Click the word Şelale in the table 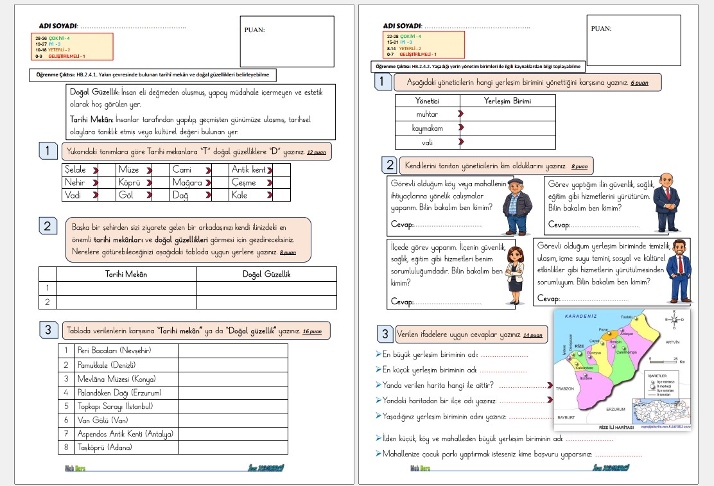[76, 170]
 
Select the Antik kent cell [248, 170]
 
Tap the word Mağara [187, 182]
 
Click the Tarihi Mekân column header [126, 274]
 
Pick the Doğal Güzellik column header [266, 274]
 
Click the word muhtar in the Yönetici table [427, 114]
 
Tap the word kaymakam [427, 128]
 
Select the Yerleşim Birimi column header [507, 101]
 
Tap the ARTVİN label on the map [672, 343]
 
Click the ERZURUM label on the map [615, 409]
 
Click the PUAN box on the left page [287, 42]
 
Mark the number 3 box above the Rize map [385, 334]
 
